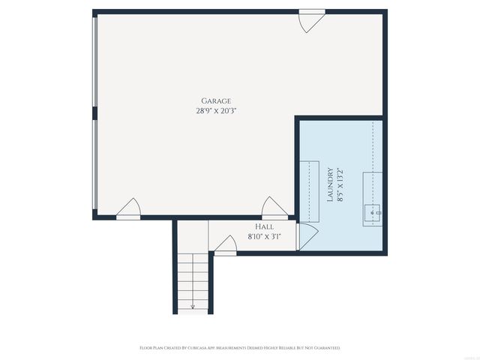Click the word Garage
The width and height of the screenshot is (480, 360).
click(x=216, y=100)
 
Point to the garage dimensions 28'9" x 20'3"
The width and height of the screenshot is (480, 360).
click(x=216, y=110)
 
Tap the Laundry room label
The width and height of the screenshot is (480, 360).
click(x=329, y=184)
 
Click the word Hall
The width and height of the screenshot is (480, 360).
click(x=264, y=226)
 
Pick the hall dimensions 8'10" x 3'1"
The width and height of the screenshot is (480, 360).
click(x=264, y=237)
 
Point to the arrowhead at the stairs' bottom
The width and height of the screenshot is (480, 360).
click(x=193, y=307)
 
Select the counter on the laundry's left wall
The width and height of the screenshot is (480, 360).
click(x=309, y=191)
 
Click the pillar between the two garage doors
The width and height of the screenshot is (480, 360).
click(x=94, y=113)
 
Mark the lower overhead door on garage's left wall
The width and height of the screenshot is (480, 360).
click(x=94, y=165)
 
